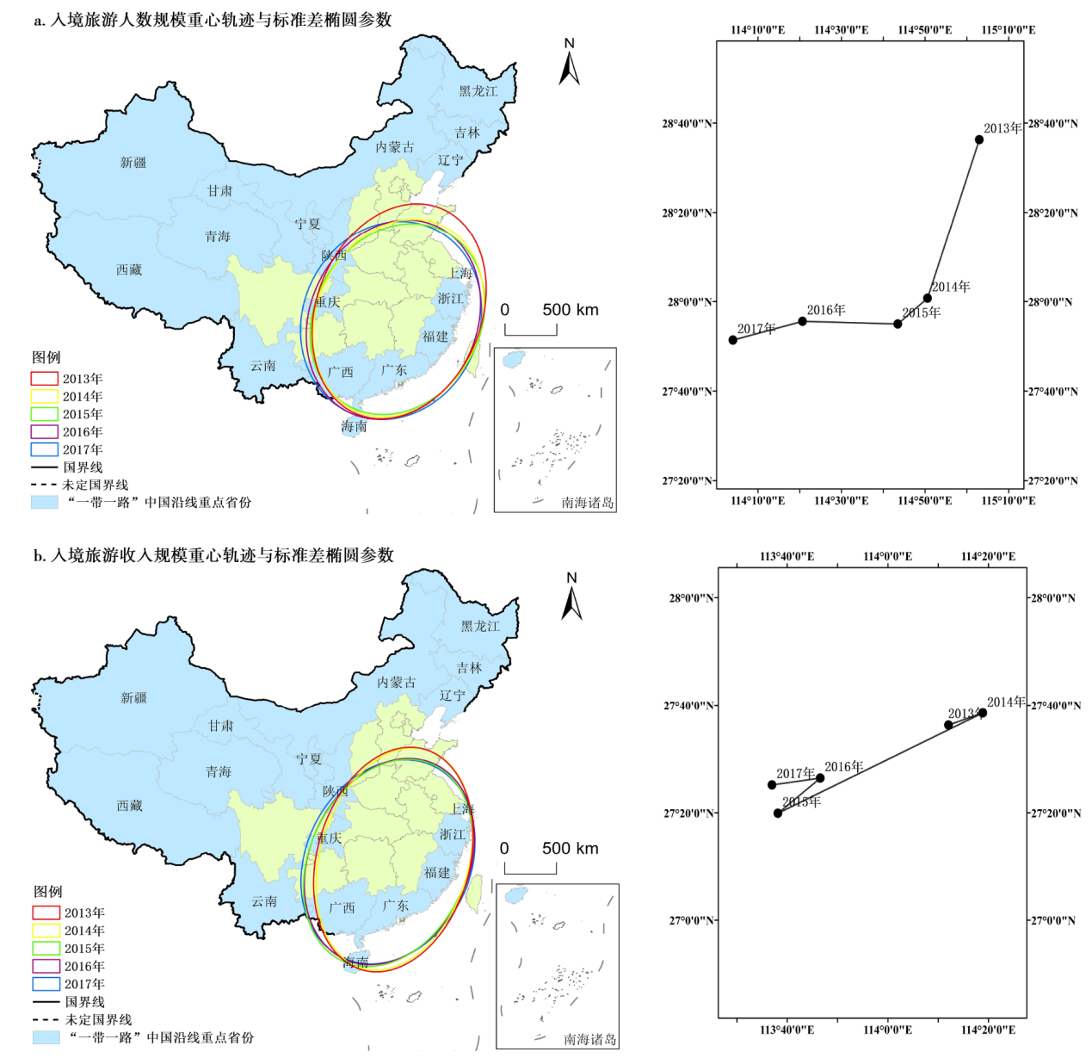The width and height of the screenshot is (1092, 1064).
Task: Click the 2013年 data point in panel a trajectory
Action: click(979, 139)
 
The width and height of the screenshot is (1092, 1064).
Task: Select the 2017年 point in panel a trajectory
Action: click(733, 340)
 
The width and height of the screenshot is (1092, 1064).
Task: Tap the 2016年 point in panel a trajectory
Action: click(803, 321)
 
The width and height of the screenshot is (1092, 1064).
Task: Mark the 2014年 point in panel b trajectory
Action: click(983, 713)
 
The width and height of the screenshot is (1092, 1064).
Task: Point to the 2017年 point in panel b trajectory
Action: click(772, 785)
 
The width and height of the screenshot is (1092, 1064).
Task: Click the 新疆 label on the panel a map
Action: click(133, 163)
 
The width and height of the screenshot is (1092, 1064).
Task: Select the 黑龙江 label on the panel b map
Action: click(480, 627)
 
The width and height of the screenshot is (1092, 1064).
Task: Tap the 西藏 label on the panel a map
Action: click(129, 270)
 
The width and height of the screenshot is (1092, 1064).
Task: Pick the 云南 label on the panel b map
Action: click(264, 901)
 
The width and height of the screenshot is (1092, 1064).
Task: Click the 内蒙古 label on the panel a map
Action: click(394, 147)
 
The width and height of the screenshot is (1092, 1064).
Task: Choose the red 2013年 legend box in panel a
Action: click(45, 379)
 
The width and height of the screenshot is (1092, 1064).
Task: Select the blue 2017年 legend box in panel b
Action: click(46, 984)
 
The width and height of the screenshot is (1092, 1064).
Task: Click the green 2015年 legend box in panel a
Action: click(45, 414)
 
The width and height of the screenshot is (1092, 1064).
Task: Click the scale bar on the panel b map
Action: click(530, 869)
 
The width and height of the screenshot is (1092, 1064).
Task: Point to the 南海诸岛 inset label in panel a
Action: click(588, 503)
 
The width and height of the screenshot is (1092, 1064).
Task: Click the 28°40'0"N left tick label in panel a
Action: click(687, 124)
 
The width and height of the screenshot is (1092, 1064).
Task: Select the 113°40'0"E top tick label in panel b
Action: click(787, 556)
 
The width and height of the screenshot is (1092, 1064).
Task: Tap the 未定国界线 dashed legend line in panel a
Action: click(45, 485)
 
